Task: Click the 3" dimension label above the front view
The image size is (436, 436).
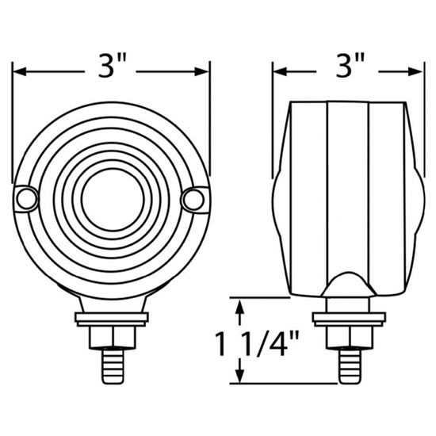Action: (113, 66)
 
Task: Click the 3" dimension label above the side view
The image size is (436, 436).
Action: (350, 66)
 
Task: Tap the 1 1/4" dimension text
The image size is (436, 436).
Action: (257, 344)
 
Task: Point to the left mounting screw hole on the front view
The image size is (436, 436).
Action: (27, 199)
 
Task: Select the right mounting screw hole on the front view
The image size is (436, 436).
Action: (193, 200)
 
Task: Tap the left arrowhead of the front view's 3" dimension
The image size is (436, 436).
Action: (20, 71)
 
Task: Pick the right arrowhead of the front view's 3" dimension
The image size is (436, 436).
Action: (201, 71)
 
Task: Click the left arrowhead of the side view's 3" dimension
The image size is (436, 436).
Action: (280, 71)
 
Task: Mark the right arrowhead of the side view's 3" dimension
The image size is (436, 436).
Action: (415, 71)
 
